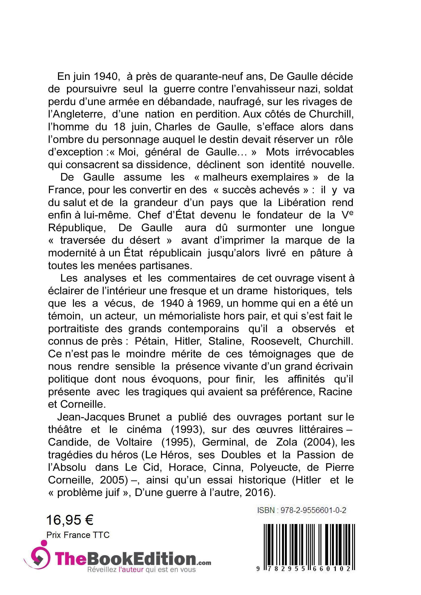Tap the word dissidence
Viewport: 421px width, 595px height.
click(163, 165)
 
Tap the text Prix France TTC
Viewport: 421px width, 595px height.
click(78, 535)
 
